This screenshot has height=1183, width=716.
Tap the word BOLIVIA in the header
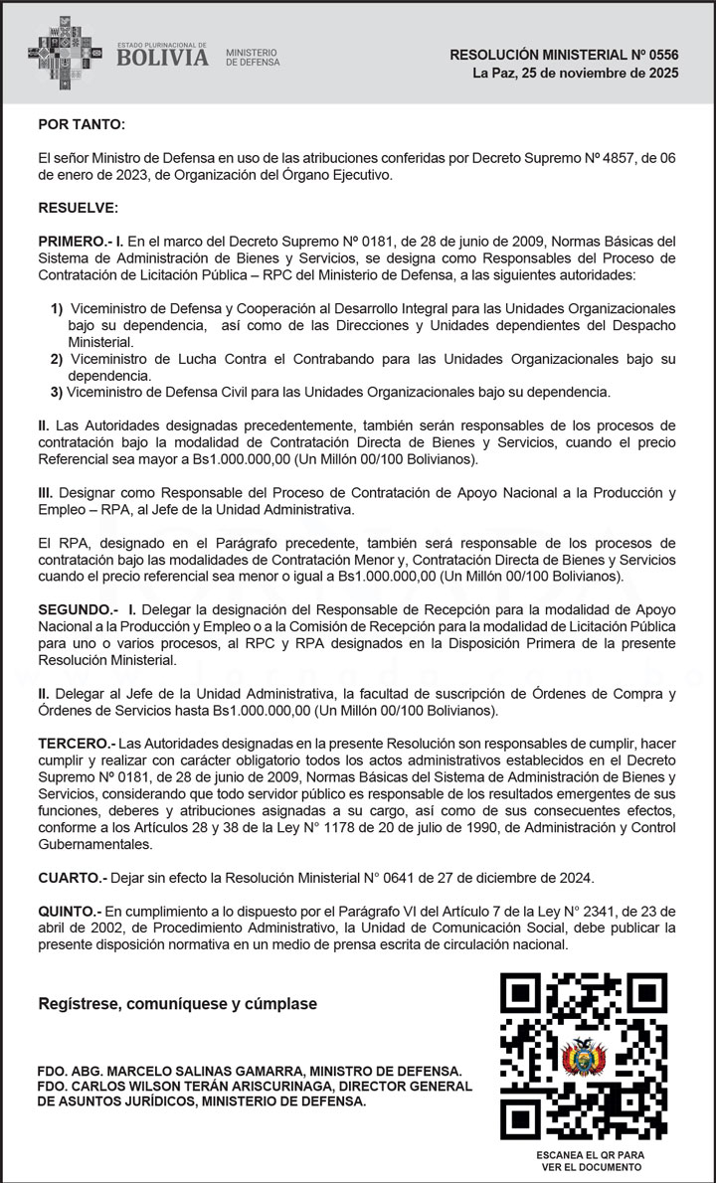[x=163, y=58]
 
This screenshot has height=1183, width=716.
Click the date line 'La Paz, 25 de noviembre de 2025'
[x=576, y=74]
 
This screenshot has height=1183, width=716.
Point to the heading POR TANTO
[x=82, y=124]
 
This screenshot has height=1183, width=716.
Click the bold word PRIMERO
[x=73, y=242]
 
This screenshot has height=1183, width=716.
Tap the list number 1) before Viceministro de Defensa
[x=57, y=309]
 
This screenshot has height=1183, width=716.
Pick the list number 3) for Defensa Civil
[x=57, y=391]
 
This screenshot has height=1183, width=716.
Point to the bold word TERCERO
[x=75, y=744]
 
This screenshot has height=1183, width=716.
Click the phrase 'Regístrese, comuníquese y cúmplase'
[x=177, y=1004]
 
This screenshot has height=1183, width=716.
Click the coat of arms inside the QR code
[x=583, y=1057]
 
